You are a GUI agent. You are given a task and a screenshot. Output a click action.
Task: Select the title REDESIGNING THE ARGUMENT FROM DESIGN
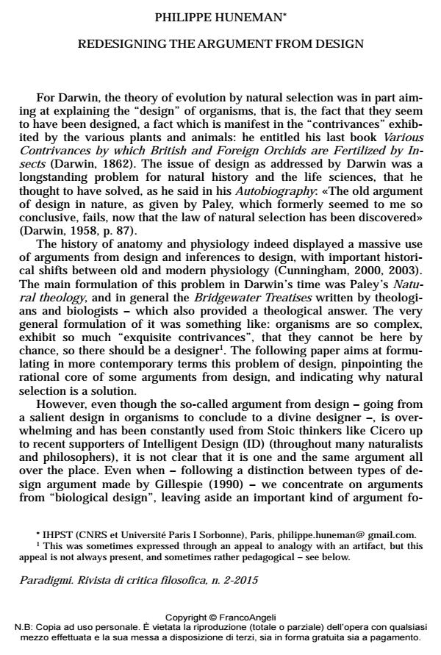(220, 44)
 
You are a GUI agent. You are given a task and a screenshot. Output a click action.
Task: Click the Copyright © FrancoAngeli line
(220, 618)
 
